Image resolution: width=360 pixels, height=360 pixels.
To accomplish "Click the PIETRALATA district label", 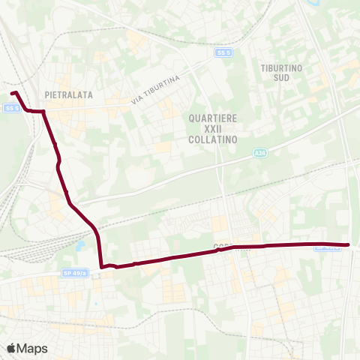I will (x=68, y=95).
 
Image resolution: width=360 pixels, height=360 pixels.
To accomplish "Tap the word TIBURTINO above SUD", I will (x=281, y=67).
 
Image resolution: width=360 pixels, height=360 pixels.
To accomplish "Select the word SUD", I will (x=281, y=77).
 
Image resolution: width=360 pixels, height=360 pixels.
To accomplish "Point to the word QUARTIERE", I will (x=214, y=118).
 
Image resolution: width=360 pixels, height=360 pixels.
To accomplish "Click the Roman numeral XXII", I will (x=214, y=129).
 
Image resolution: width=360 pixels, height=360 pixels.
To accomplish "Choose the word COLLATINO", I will (x=214, y=139).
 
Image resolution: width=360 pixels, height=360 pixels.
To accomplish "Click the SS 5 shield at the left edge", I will (x=10, y=108).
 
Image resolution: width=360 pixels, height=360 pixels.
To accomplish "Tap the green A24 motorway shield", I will (x=259, y=153).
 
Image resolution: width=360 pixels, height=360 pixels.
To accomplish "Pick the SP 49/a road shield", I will (x=76, y=273).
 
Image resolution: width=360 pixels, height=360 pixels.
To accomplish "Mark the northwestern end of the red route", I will (x=13, y=93).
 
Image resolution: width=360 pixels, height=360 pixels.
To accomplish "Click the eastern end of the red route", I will (x=349, y=244).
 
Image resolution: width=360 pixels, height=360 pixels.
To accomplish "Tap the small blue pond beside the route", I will (x=79, y=246).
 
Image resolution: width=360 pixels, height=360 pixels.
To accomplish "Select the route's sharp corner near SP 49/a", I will (x=101, y=266).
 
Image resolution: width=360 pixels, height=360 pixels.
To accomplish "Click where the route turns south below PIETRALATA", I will (x=44, y=112).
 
